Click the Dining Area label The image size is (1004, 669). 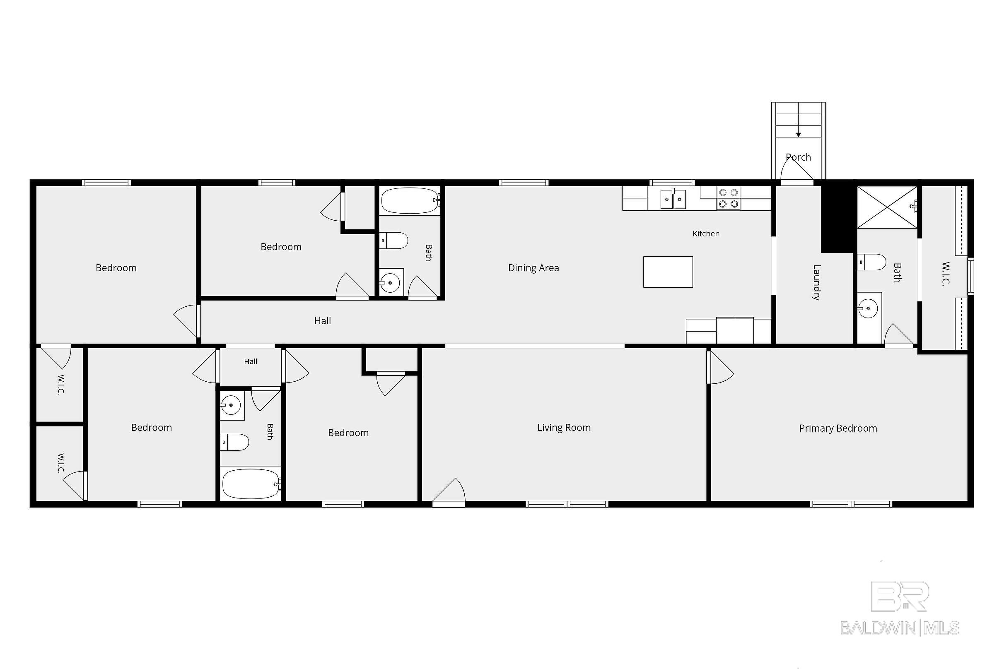(x=533, y=268)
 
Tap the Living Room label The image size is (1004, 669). (x=564, y=428)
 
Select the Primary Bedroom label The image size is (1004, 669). (x=838, y=428)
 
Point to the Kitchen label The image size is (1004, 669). (x=706, y=233)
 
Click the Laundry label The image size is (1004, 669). (x=816, y=282)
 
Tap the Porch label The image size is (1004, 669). (x=798, y=157)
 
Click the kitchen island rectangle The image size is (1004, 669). (x=668, y=272)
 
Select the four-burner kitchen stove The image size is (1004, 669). (x=728, y=199)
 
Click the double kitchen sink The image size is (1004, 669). (x=673, y=199)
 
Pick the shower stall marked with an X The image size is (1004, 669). (x=888, y=207)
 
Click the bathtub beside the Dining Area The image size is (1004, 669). (x=410, y=200)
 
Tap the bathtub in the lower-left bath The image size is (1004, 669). (x=251, y=484)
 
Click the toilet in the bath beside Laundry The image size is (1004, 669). (x=872, y=262)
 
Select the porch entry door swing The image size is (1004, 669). (x=796, y=170)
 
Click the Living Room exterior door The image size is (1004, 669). (x=449, y=492)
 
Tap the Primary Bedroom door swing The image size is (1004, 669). (x=721, y=367)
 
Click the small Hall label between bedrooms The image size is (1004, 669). (x=251, y=362)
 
